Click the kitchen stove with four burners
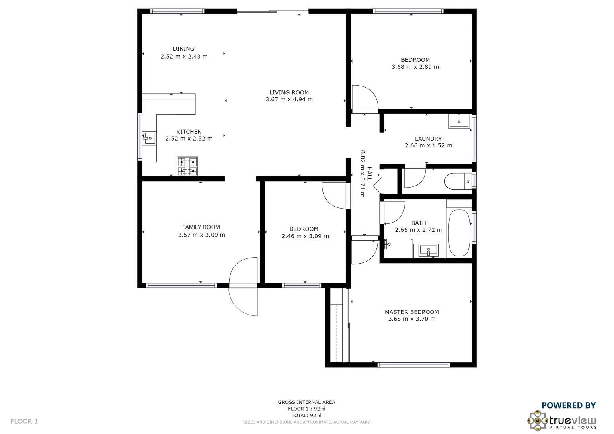pyautogui.click(x=187, y=166)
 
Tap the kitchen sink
pyautogui.click(x=149, y=139)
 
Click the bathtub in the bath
pyautogui.click(x=459, y=233)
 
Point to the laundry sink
pyautogui.click(x=459, y=121)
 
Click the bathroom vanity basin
pyautogui.click(x=429, y=250)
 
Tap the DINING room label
pyautogui.click(x=183, y=49)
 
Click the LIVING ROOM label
pyautogui.click(x=289, y=92)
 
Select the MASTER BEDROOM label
pyautogui.click(x=412, y=312)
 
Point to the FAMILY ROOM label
pyautogui.click(x=201, y=227)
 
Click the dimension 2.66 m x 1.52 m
pyautogui.click(x=428, y=145)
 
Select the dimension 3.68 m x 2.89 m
pyautogui.click(x=415, y=67)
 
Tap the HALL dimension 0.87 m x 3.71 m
pyautogui.click(x=362, y=174)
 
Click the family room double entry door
pyautogui.click(x=243, y=286)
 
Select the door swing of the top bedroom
pyautogui.click(x=364, y=98)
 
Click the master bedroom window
pyautogui.click(x=414, y=365)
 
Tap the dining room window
pyautogui.click(x=177, y=11)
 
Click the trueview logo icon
pyautogui.click(x=538, y=420)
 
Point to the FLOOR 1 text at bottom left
pyautogui.click(x=24, y=421)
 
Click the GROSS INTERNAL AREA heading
pyautogui.click(x=306, y=402)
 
